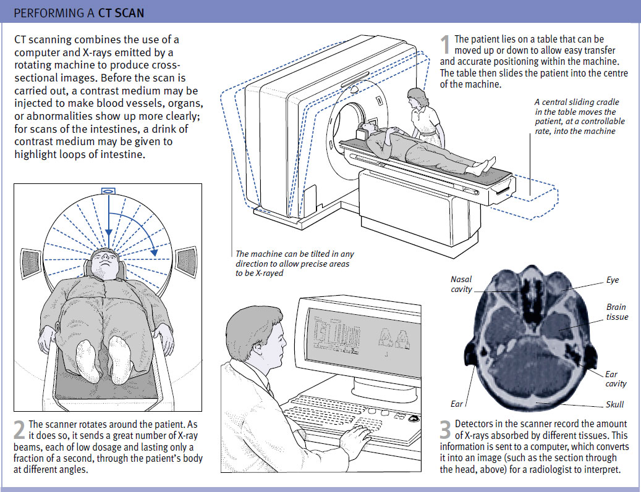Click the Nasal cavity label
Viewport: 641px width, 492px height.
(x=461, y=284)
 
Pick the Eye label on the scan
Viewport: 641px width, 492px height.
(x=612, y=280)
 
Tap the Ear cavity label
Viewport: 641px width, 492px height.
(x=615, y=379)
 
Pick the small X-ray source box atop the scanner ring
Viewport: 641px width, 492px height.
(x=107, y=191)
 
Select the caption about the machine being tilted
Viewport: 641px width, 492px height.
(x=294, y=263)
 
